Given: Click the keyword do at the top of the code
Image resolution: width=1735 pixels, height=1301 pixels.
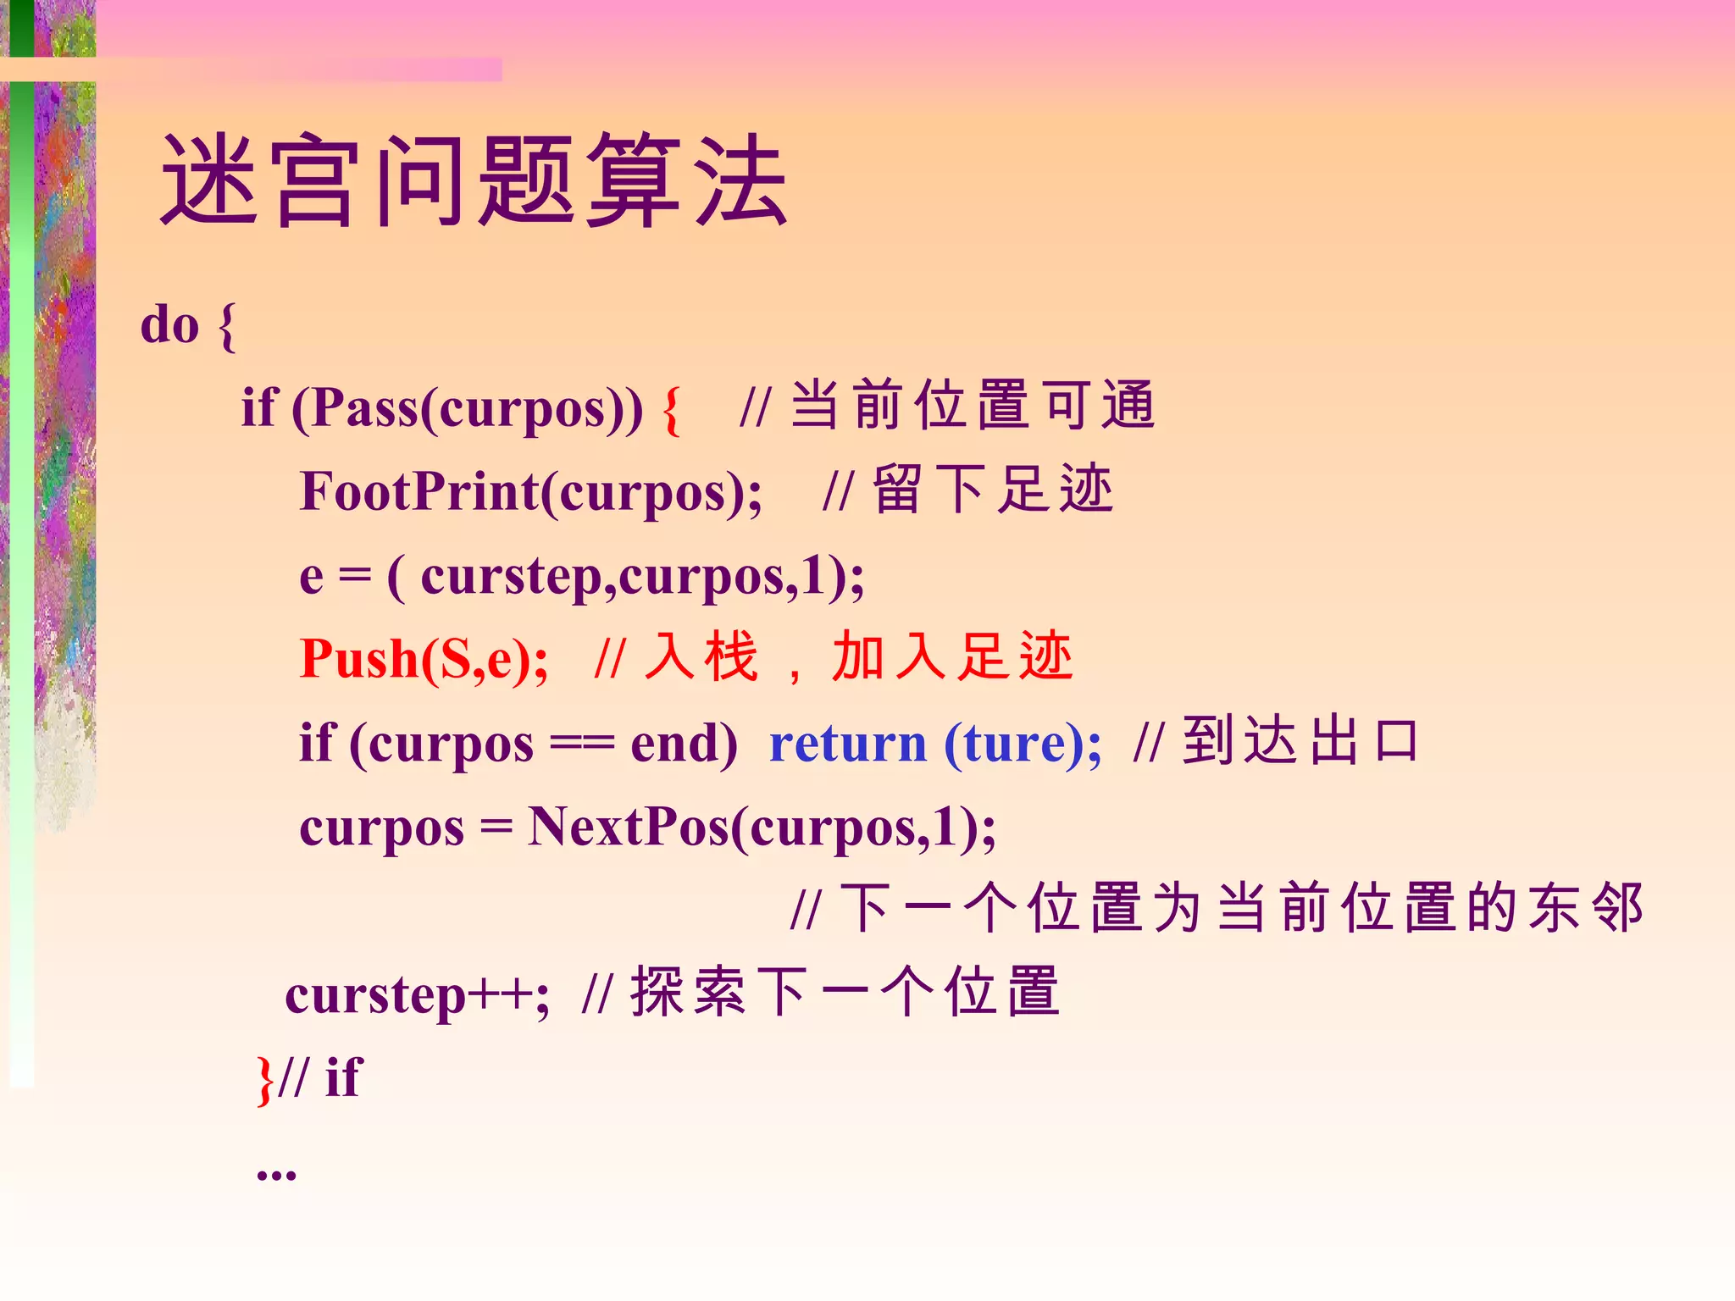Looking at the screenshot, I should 169,324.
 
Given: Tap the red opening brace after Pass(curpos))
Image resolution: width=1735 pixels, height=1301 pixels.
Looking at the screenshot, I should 671,410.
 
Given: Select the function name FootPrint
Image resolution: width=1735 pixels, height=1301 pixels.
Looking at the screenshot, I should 419,491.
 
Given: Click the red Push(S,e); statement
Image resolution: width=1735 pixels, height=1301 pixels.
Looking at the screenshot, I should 424,659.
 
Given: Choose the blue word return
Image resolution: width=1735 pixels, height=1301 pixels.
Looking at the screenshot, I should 847,744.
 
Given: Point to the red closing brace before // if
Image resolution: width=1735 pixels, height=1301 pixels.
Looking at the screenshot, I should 265,1080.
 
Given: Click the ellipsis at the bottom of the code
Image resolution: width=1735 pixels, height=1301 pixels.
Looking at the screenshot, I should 276,1172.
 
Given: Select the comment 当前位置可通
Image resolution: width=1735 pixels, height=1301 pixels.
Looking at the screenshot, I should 973,405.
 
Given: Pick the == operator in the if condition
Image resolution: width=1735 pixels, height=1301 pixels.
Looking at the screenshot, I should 581,744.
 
